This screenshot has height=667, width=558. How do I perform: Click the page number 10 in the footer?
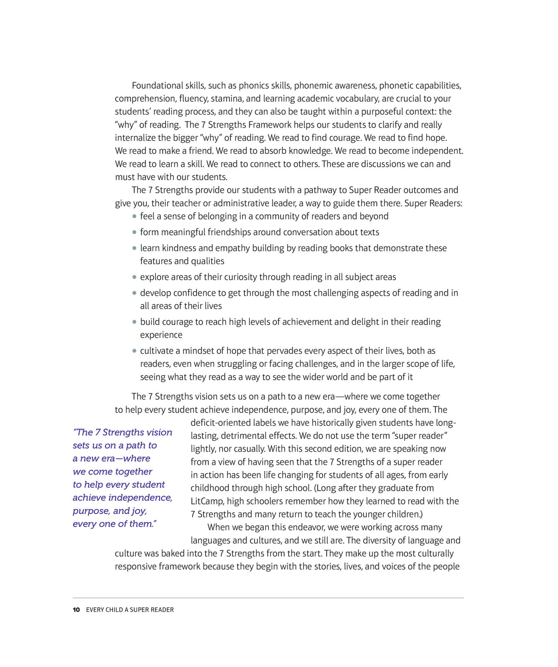76,609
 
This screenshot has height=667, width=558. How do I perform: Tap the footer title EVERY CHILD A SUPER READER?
130,609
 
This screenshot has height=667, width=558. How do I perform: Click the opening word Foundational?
157,85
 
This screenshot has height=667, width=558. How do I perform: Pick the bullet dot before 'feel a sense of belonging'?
134,216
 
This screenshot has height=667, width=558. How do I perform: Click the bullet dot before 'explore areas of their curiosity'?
134,277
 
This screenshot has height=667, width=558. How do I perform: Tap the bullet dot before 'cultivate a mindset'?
134,351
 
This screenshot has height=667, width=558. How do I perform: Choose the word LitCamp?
207,501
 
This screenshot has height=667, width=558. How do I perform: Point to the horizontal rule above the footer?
268,598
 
